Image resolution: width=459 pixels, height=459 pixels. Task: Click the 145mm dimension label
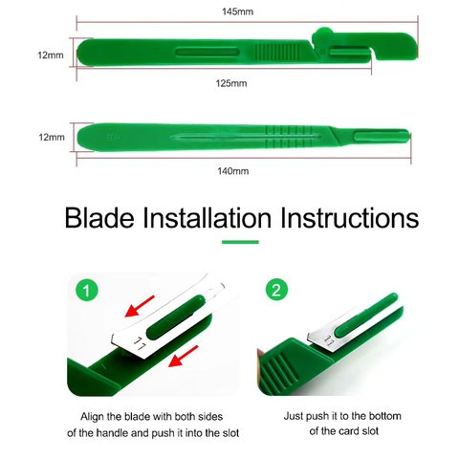(x=238, y=11)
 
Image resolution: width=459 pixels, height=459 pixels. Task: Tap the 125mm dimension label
(x=231, y=83)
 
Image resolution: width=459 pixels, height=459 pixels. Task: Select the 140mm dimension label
(x=233, y=171)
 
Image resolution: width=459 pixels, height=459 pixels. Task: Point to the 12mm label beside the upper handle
(x=51, y=55)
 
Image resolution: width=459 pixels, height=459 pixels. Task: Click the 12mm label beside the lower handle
(x=52, y=138)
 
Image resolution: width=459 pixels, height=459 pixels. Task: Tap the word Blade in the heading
(x=99, y=218)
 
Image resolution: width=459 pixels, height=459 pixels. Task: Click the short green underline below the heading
(x=240, y=242)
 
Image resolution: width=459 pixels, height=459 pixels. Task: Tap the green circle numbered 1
(x=87, y=291)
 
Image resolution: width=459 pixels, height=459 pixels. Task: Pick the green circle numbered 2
(x=276, y=290)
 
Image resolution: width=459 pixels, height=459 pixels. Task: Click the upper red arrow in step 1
(x=140, y=306)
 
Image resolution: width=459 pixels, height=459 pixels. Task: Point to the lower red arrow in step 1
(x=184, y=356)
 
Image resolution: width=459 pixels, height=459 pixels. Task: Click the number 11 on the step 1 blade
(x=139, y=343)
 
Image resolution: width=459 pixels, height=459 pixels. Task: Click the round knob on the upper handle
(x=322, y=34)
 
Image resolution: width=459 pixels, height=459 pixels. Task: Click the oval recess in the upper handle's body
(x=208, y=53)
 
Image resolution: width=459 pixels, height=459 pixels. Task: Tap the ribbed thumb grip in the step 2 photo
(x=280, y=371)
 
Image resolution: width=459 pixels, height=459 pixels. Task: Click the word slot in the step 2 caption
(x=370, y=431)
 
